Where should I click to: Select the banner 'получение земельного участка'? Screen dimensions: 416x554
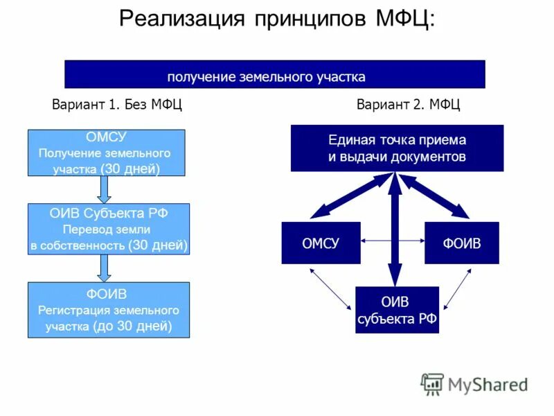[x=274, y=75]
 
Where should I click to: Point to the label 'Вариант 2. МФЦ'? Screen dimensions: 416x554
[x=408, y=105]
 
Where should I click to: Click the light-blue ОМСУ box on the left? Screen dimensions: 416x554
[x=106, y=153]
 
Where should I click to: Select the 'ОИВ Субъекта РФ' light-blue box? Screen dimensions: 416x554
[x=109, y=229]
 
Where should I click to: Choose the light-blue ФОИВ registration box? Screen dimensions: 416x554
[x=108, y=310]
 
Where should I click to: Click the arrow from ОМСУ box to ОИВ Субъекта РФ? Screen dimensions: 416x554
[x=105, y=189]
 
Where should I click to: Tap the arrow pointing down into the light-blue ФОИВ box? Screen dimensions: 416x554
[x=105, y=268]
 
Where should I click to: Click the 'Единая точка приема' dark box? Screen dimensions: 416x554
[x=397, y=148]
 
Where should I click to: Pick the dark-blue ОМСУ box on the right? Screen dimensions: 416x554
[x=321, y=243]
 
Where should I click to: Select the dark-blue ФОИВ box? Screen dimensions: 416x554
[x=461, y=243]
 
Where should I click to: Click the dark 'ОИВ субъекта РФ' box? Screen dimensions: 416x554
[x=396, y=310]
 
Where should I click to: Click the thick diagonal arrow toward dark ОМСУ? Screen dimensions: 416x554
[x=350, y=197]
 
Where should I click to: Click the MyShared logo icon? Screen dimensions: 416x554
[x=432, y=383]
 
